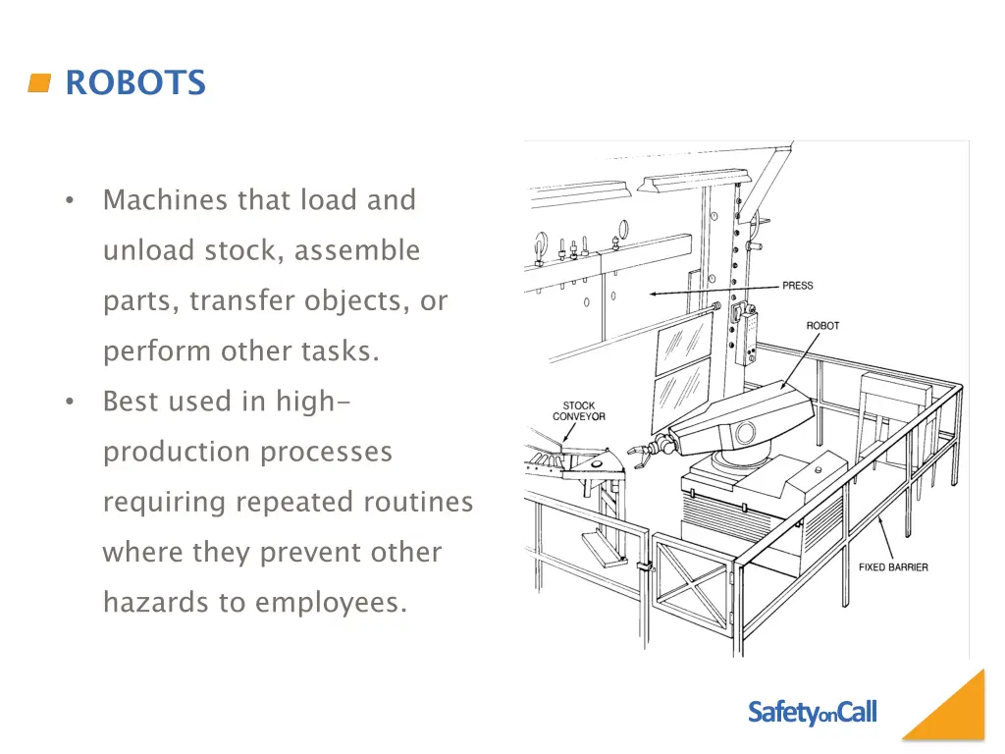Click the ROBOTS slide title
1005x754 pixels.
[x=135, y=83]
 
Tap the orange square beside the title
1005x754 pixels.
[x=39, y=83]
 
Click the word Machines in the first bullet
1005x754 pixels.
[x=166, y=200]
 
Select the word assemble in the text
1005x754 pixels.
[x=357, y=250]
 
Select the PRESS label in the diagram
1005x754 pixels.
[x=797, y=286]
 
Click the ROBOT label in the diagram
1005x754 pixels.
[x=822, y=326]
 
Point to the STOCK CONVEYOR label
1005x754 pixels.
[x=578, y=411]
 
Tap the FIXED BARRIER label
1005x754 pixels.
[x=893, y=567]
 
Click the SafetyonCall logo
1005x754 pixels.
[x=812, y=713]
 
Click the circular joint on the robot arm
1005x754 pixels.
[x=745, y=432]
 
